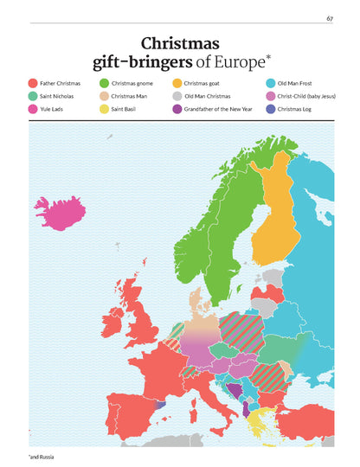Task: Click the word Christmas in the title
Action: (180, 42)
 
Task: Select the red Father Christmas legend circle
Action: (32, 82)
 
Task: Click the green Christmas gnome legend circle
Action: (104, 82)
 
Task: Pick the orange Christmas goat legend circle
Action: (177, 82)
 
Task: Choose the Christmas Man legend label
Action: (130, 96)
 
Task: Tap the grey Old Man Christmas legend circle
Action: (177, 96)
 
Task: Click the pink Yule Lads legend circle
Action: (32, 110)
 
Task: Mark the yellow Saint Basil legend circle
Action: (104, 110)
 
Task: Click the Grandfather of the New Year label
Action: (211, 110)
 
